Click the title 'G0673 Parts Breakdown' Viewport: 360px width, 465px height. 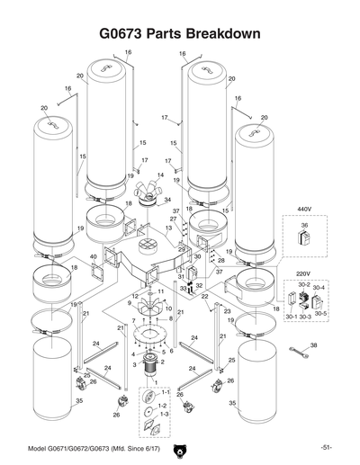click(180, 33)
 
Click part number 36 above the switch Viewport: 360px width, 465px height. click(304, 226)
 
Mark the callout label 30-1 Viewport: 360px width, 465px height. click(290, 317)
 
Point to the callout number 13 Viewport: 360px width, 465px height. click(167, 229)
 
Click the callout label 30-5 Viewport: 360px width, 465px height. click(321, 317)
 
